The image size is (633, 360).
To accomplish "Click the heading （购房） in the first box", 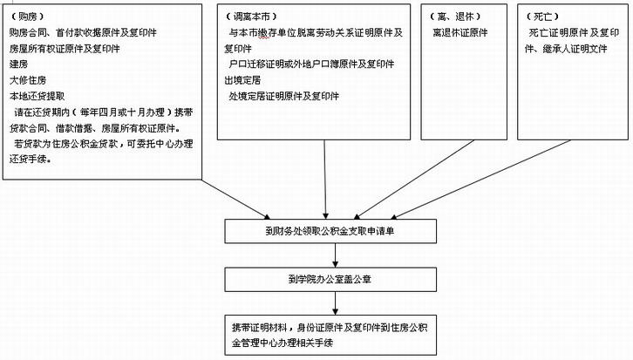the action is pos(27,17).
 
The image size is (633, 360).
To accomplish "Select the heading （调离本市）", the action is pos(251,17).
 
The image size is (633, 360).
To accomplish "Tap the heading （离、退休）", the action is pos(455,17).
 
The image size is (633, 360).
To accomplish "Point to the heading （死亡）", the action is pos(542,17).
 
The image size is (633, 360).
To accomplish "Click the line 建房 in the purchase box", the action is pos(18,65).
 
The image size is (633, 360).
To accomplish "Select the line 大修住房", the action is pos(28,80).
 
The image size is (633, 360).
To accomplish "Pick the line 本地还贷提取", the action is pos(37,96).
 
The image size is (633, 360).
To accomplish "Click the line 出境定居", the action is pos(242,80).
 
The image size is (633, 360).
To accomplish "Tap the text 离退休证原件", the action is pos(460,32).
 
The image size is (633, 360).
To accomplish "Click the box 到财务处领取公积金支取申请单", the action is pos(330,231).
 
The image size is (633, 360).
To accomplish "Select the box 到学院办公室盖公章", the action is pos(330,279).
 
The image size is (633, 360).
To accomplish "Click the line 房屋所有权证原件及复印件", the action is pos(65,49).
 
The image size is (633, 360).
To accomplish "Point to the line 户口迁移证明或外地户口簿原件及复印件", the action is pos(311,65).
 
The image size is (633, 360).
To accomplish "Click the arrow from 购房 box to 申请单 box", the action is pos(235,200).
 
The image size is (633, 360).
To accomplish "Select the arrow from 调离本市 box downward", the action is pos(325,180).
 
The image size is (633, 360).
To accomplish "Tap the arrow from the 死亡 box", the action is pos(480,180).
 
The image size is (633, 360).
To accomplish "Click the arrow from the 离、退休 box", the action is pos(414,180).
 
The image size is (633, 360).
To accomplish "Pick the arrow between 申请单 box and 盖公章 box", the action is pos(335,255).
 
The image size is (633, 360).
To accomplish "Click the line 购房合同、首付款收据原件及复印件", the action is pos(83,32).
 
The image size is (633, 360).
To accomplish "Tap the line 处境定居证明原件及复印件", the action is pos(283,96).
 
